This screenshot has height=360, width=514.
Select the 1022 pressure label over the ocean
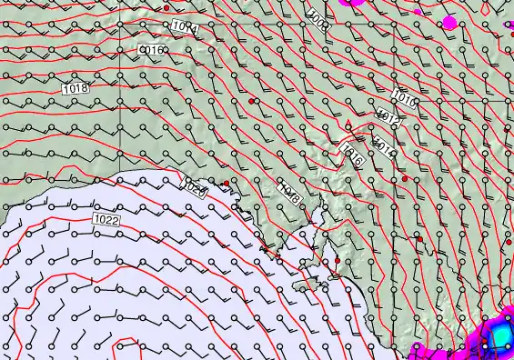click(106, 219)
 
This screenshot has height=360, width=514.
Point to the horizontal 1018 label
click(76, 87)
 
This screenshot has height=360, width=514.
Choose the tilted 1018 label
click(289, 192)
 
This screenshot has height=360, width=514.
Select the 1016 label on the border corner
click(405, 98)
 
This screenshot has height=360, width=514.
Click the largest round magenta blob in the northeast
click(448, 21)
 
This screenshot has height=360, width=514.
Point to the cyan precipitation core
click(499, 336)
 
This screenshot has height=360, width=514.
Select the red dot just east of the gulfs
click(337, 261)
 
